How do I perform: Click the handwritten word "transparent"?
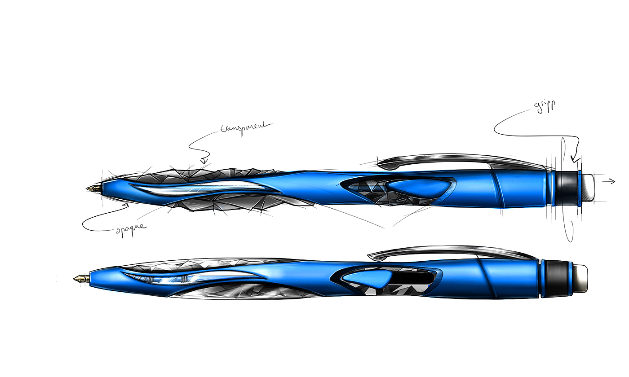tap(246, 127)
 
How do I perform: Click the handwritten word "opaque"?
tap(130, 227)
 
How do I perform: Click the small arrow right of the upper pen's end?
tap(609, 181)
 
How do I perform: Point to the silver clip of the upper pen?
tap(449, 160)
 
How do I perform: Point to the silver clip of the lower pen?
tap(449, 250)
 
